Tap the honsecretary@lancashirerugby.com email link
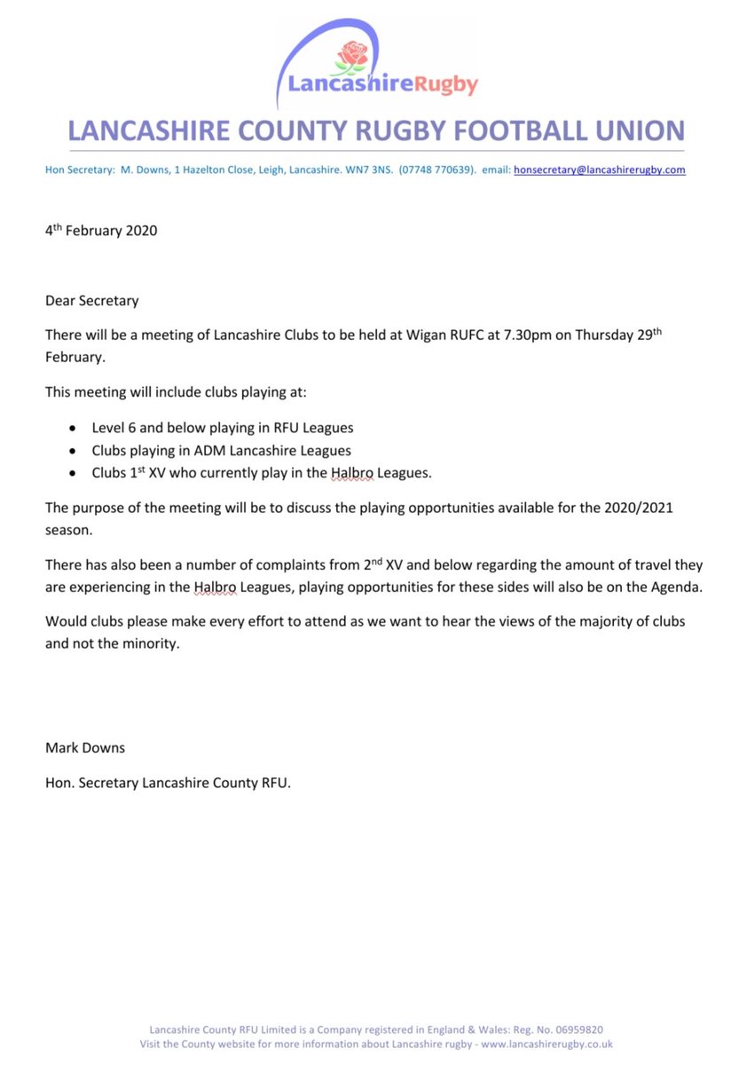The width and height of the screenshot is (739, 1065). [599, 170]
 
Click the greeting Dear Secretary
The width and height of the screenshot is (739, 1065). [92, 300]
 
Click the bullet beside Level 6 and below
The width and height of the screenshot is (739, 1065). [72, 428]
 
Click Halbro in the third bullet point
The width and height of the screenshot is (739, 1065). [352, 473]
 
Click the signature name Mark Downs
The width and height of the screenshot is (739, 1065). [85, 747]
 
